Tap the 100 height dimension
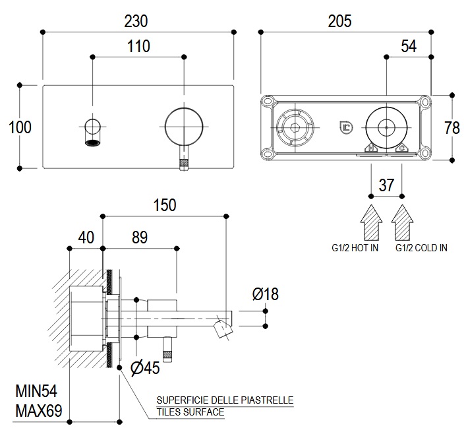20,127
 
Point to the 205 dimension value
339,20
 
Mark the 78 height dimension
452,127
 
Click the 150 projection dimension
164,204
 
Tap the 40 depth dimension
86,236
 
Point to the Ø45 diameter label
146,368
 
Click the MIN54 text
38,392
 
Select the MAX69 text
38,412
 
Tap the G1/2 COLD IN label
421,248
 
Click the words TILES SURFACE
190,412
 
